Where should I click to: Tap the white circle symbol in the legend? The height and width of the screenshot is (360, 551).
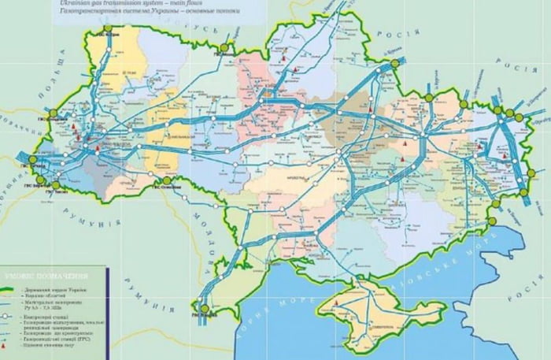tap(11, 316)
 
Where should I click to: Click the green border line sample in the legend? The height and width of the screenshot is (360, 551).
tap(11, 289)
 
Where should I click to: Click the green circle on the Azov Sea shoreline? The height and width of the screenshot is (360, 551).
tap(493, 221)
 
